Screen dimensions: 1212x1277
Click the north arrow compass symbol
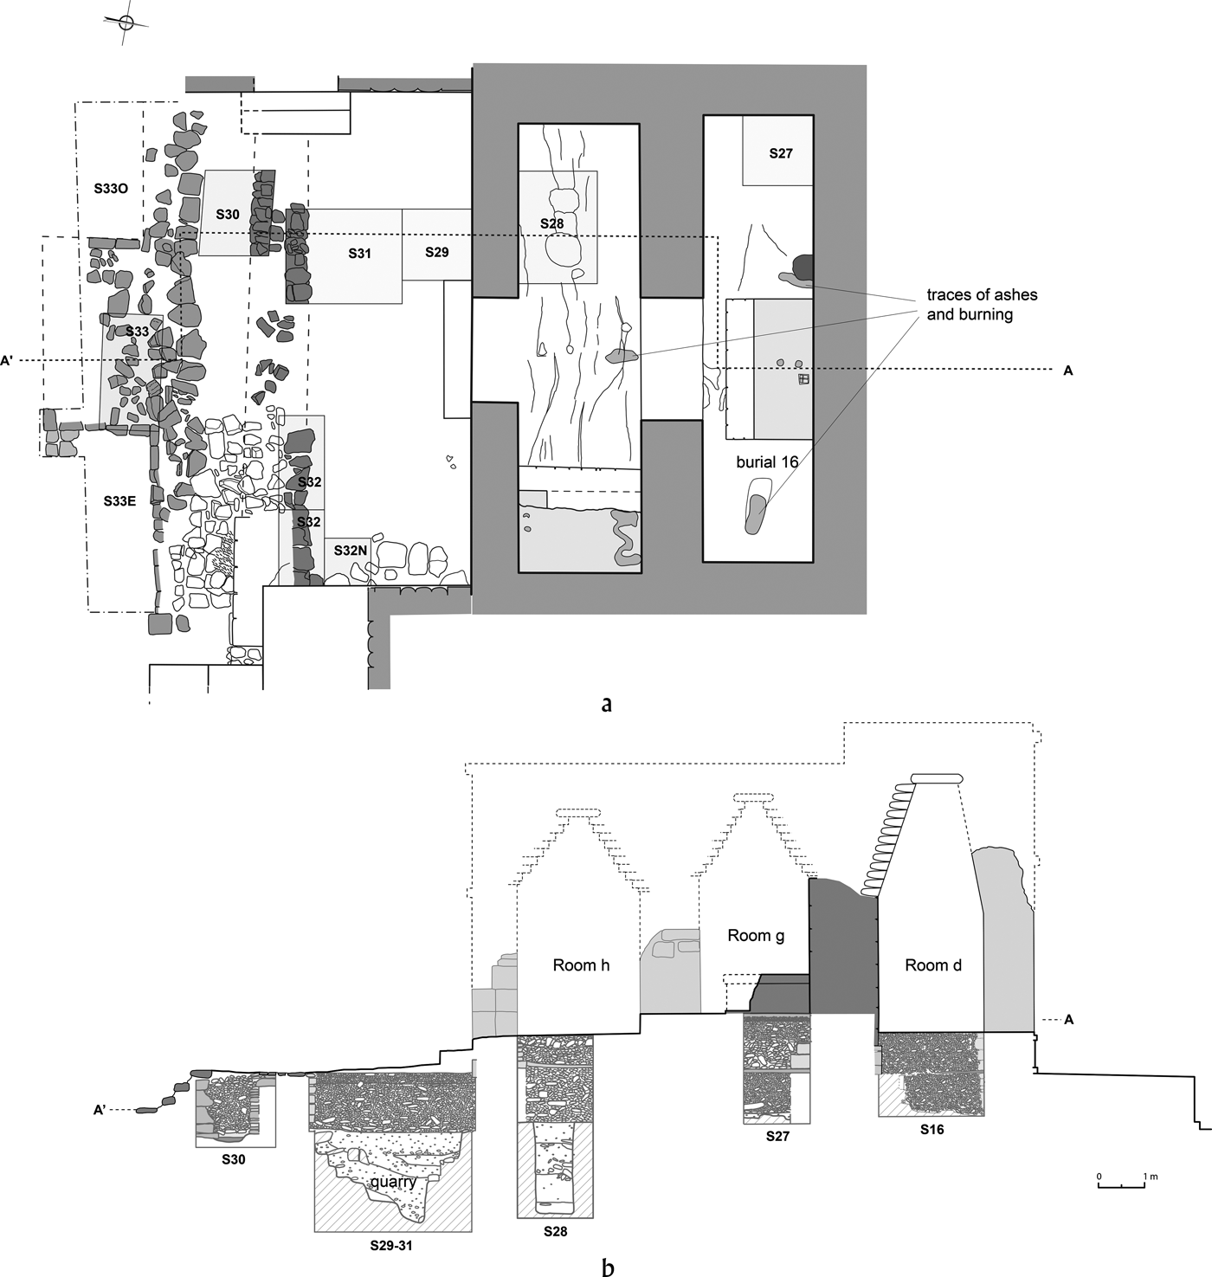coord(126,23)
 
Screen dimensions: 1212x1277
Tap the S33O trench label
coord(111,189)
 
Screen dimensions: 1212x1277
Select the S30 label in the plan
coord(228,215)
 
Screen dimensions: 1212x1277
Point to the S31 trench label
coord(359,254)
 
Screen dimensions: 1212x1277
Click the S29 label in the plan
coord(437,252)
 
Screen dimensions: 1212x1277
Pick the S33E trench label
coord(119,500)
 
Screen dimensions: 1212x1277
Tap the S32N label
coord(351,551)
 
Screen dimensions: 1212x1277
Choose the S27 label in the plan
coord(781,153)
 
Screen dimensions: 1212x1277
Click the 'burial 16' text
coord(767,461)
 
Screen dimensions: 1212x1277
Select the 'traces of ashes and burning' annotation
coord(982,305)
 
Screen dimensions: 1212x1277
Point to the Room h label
coord(581,965)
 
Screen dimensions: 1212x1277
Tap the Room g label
coord(756,936)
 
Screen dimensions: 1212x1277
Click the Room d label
coord(933,965)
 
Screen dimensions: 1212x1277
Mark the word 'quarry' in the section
coord(394,1182)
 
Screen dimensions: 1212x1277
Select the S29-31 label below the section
coord(391,1245)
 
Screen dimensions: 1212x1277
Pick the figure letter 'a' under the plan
coord(607,704)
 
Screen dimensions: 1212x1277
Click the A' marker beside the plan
coord(7,361)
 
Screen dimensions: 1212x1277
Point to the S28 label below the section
coord(555,1231)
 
